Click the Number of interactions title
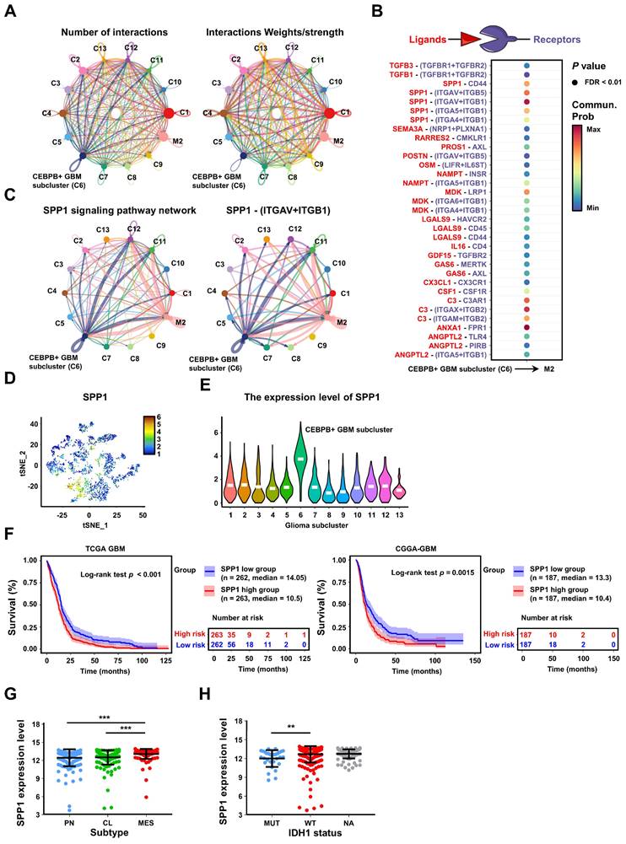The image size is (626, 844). click(x=95, y=32)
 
